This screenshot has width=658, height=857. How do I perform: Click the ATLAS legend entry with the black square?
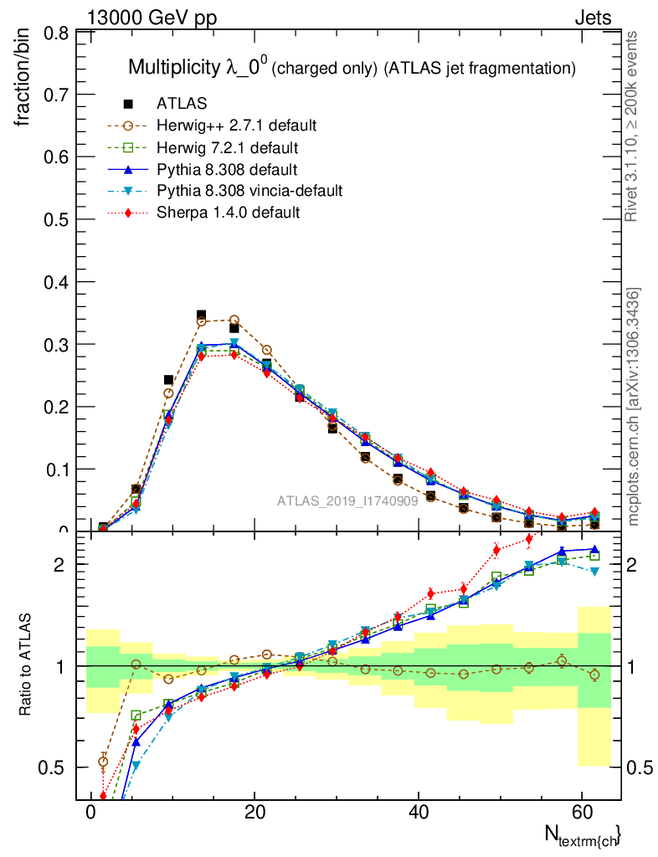click(x=182, y=104)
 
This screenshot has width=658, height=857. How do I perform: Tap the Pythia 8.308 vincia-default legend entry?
click(x=249, y=191)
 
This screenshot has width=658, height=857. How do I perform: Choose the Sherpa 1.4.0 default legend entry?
click(x=228, y=213)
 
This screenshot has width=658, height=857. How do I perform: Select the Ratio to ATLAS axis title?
click(x=25, y=665)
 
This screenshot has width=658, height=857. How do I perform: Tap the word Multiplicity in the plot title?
click(x=175, y=68)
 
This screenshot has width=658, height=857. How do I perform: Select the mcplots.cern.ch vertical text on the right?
click(x=634, y=408)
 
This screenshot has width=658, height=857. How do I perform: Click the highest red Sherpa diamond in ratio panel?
click(x=529, y=538)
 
